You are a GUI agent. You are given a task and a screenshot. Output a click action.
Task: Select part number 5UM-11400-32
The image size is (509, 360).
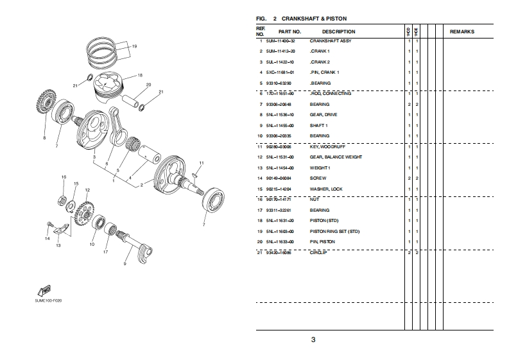pyautogui.click(x=280, y=41)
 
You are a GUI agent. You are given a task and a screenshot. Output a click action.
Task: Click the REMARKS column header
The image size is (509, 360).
pyautogui.click(x=462, y=31)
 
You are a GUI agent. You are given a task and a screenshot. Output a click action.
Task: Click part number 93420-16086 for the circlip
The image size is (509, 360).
pyautogui.click(x=280, y=252)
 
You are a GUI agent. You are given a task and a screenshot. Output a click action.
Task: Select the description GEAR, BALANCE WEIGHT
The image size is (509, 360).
pyautogui.click(x=336, y=157)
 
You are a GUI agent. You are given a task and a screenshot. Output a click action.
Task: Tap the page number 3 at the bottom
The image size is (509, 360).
pyautogui.click(x=313, y=339)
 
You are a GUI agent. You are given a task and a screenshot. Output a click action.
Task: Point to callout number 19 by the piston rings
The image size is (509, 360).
pyautogui.click(x=134, y=46)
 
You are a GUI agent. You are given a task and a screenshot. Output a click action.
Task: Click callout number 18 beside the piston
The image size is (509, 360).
pyautogui.click(x=139, y=74)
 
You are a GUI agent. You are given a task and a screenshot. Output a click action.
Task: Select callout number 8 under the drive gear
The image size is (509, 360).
pyautogui.click(x=44, y=137)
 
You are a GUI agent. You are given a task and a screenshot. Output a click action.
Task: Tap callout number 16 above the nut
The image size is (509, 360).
pyautogui.click(x=64, y=176)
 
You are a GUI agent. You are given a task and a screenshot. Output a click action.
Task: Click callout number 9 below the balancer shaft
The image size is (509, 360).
pyautogui.click(x=125, y=263)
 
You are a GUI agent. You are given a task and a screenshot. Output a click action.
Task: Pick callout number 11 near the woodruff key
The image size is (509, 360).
pyautogui.click(x=201, y=163)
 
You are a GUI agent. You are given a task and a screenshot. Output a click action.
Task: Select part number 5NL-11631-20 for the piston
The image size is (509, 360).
pyautogui.click(x=280, y=220)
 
